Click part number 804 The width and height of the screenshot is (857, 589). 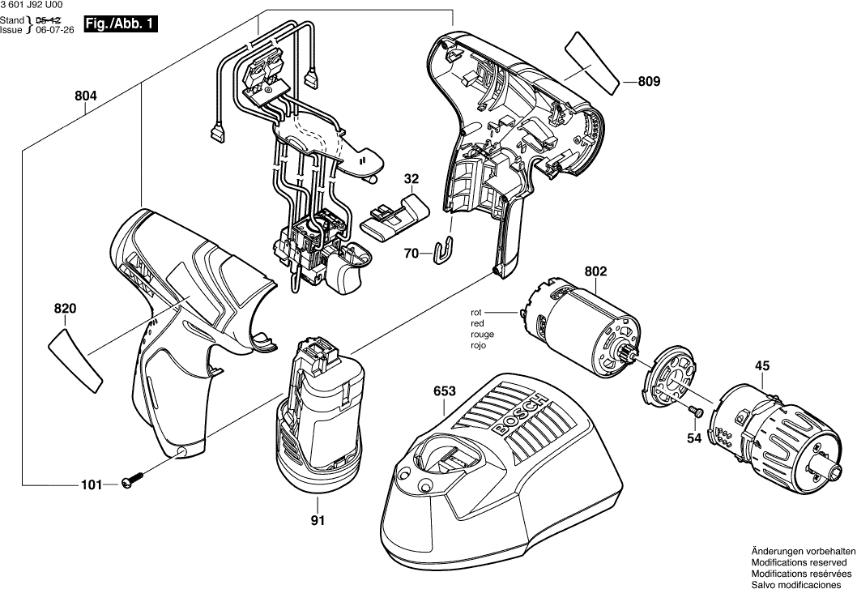[86, 96]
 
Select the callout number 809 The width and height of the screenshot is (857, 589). [649, 81]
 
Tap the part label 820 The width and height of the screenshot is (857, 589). [65, 309]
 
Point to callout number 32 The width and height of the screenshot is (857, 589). [411, 178]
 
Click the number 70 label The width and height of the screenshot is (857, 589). [411, 254]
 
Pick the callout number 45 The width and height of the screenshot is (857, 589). [762, 366]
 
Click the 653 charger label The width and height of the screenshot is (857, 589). [443, 391]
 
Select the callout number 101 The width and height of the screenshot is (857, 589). [92, 485]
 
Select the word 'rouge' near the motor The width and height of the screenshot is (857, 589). [482, 334]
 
